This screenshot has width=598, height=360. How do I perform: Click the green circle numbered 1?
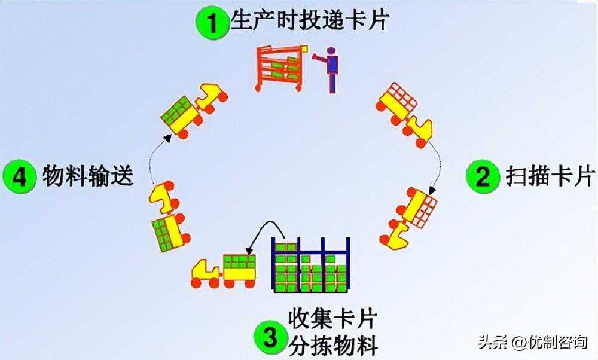point(212,22)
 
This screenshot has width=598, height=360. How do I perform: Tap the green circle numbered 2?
point(483,176)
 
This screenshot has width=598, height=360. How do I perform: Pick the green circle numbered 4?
point(20,176)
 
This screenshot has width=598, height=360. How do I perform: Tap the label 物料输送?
point(88,175)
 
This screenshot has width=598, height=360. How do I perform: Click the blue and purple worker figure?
point(328,70)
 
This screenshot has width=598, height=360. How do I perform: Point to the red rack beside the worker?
point(280,69)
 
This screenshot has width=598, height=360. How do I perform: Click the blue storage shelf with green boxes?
point(310,264)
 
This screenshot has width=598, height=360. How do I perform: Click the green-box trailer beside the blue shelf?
point(240,270)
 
